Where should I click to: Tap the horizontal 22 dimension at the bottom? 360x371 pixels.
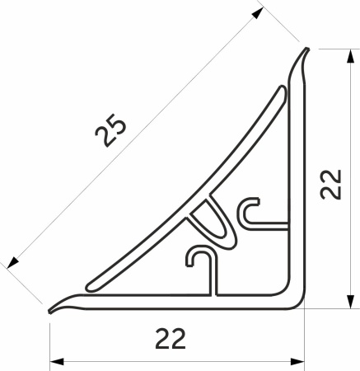[x=168, y=339]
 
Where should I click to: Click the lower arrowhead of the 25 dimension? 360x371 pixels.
[x=12, y=263]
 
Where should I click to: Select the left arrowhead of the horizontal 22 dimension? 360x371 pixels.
[x=57, y=360]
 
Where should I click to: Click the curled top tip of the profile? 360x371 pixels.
[x=306, y=50]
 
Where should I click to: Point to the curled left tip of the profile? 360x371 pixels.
[x=52, y=311]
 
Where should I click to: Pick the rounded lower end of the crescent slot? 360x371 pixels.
[x=89, y=284]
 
